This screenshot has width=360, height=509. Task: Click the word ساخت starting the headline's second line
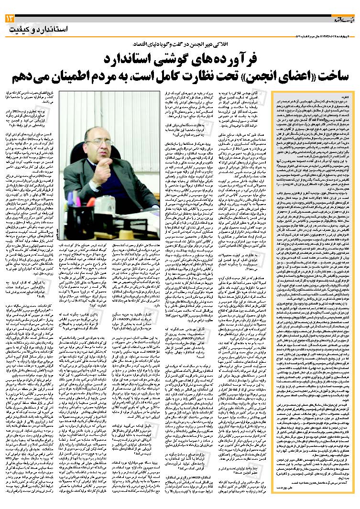pyautogui.click(x=325, y=76)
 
